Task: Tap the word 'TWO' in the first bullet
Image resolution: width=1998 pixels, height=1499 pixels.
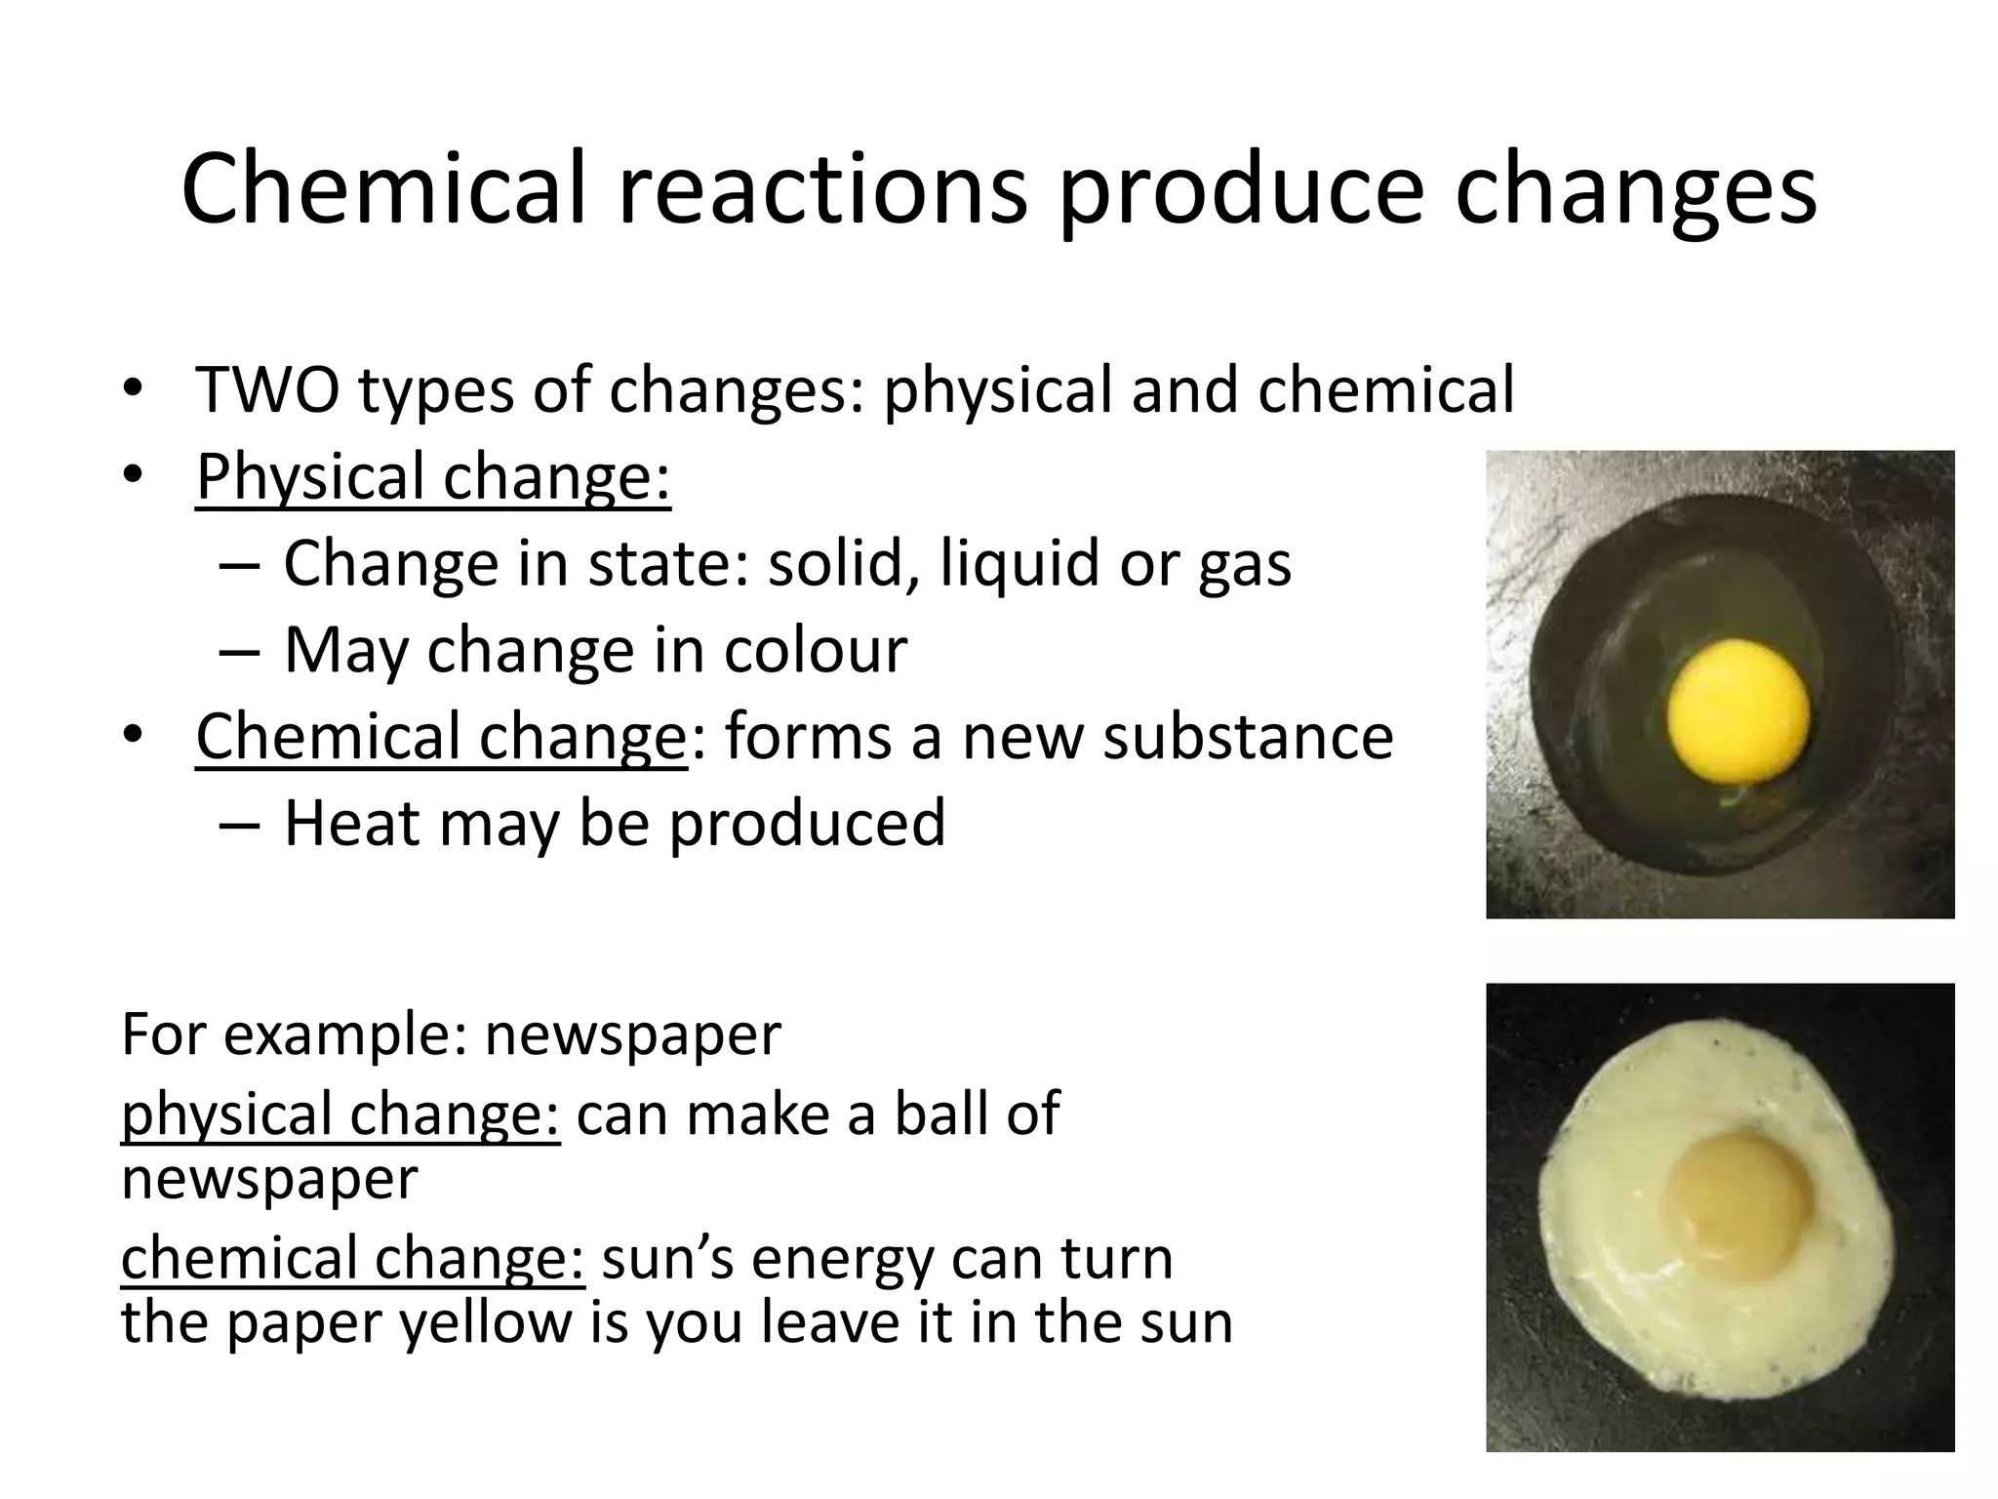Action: (x=267, y=389)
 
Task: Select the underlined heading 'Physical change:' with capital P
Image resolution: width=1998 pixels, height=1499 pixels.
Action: (x=433, y=476)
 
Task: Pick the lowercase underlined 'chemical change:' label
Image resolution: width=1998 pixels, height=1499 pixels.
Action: (x=352, y=1259)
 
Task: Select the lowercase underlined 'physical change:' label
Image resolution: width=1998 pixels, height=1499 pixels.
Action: (x=340, y=1114)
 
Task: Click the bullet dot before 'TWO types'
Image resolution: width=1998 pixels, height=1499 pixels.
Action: (x=134, y=389)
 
